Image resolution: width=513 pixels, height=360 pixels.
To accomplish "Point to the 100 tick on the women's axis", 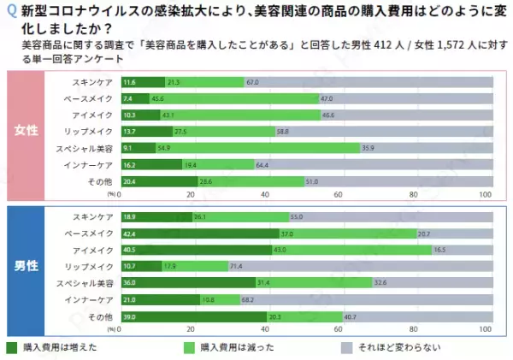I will [x=486, y=194].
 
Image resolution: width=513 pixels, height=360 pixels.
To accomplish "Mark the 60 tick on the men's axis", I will [x=339, y=329].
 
